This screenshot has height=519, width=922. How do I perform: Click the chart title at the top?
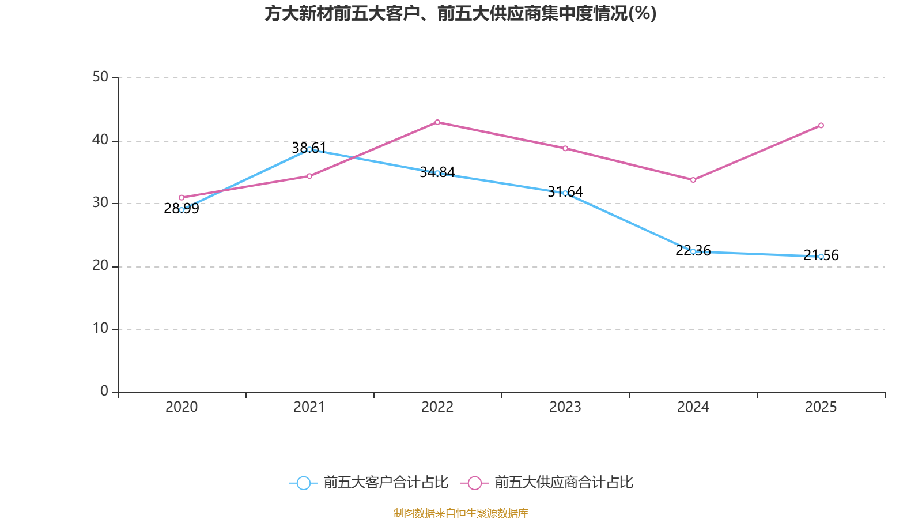[x=460, y=14]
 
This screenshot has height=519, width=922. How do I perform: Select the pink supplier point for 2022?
[x=437, y=122]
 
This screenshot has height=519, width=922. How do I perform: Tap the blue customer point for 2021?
[x=309, y=149]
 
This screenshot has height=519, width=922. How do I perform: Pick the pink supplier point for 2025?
[x=821, y=126]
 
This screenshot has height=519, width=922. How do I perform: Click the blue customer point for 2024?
[x=693, y=251]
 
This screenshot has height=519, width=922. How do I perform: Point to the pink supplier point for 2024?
[x=693, y=180]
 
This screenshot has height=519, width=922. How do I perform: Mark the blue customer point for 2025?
[x=821, y=257]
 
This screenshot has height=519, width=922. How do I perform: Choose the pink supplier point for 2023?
[x=565, y=149]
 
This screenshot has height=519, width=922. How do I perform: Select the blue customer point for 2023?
[x=565, y=193]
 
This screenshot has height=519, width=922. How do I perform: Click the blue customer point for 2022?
[x=437, y=173]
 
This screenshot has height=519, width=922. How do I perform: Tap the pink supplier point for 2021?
[x=309, y=176]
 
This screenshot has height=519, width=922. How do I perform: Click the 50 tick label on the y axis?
[x=100, y=77]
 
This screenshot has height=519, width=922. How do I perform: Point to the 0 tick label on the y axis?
[x=104, y=392]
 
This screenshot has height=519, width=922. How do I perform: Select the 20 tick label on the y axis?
[x=100, y=266]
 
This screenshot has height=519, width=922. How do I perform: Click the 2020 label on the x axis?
[x=182, y=407]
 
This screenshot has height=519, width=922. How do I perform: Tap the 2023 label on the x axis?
[x=565, y=407]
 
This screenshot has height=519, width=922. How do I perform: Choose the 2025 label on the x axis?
[x=821, y=407]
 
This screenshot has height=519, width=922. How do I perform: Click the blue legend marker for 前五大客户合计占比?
[x=303, y=483]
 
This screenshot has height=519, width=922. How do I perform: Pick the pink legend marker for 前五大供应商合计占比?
[x=474, y=483]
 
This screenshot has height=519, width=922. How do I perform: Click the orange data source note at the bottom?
[x=460, y=513]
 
